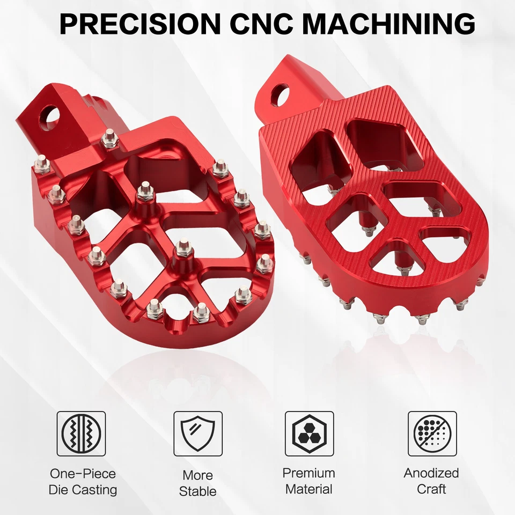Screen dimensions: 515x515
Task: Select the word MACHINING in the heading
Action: tap(391, 24)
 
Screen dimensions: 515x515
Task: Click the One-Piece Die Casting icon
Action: tap(81, 433)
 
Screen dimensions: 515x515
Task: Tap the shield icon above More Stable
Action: tap(197, 433)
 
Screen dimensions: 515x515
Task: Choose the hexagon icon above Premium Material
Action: tap(309, 433)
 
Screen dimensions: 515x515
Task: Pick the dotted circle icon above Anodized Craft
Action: tap(432, 433)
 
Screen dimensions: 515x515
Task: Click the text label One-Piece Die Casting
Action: tap(83, 482)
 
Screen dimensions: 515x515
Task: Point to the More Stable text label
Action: tap(197, 483)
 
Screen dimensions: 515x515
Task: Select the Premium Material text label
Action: tap(309, 481)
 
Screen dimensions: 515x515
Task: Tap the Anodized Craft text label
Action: tap(431, 481)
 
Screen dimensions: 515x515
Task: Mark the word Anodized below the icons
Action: tap(431, 473)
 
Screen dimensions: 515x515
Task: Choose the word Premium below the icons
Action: tap(309, 473)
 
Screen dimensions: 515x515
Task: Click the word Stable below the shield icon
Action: tap(197, 491)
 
